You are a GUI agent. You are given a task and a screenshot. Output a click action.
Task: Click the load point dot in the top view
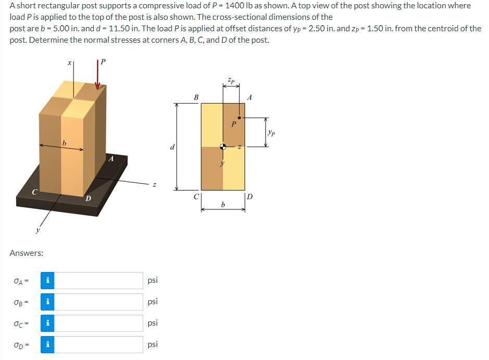coord(239,117)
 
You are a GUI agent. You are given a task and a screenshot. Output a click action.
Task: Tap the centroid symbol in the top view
coord(223,146)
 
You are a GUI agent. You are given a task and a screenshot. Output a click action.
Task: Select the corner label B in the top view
coord(196,97)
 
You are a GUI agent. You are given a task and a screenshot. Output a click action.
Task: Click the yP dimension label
coord(270,133)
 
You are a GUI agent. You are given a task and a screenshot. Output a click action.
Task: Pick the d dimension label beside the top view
coord(172,147)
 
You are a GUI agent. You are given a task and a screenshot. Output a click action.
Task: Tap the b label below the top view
coord(223,204)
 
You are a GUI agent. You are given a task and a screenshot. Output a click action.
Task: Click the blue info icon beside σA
coord(47,281)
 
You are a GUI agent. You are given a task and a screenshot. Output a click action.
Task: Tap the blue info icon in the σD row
coord(47,344)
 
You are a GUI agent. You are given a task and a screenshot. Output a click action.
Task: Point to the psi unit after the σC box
coord(153,323)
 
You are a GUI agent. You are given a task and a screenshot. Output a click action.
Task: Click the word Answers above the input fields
coord(27,253)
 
